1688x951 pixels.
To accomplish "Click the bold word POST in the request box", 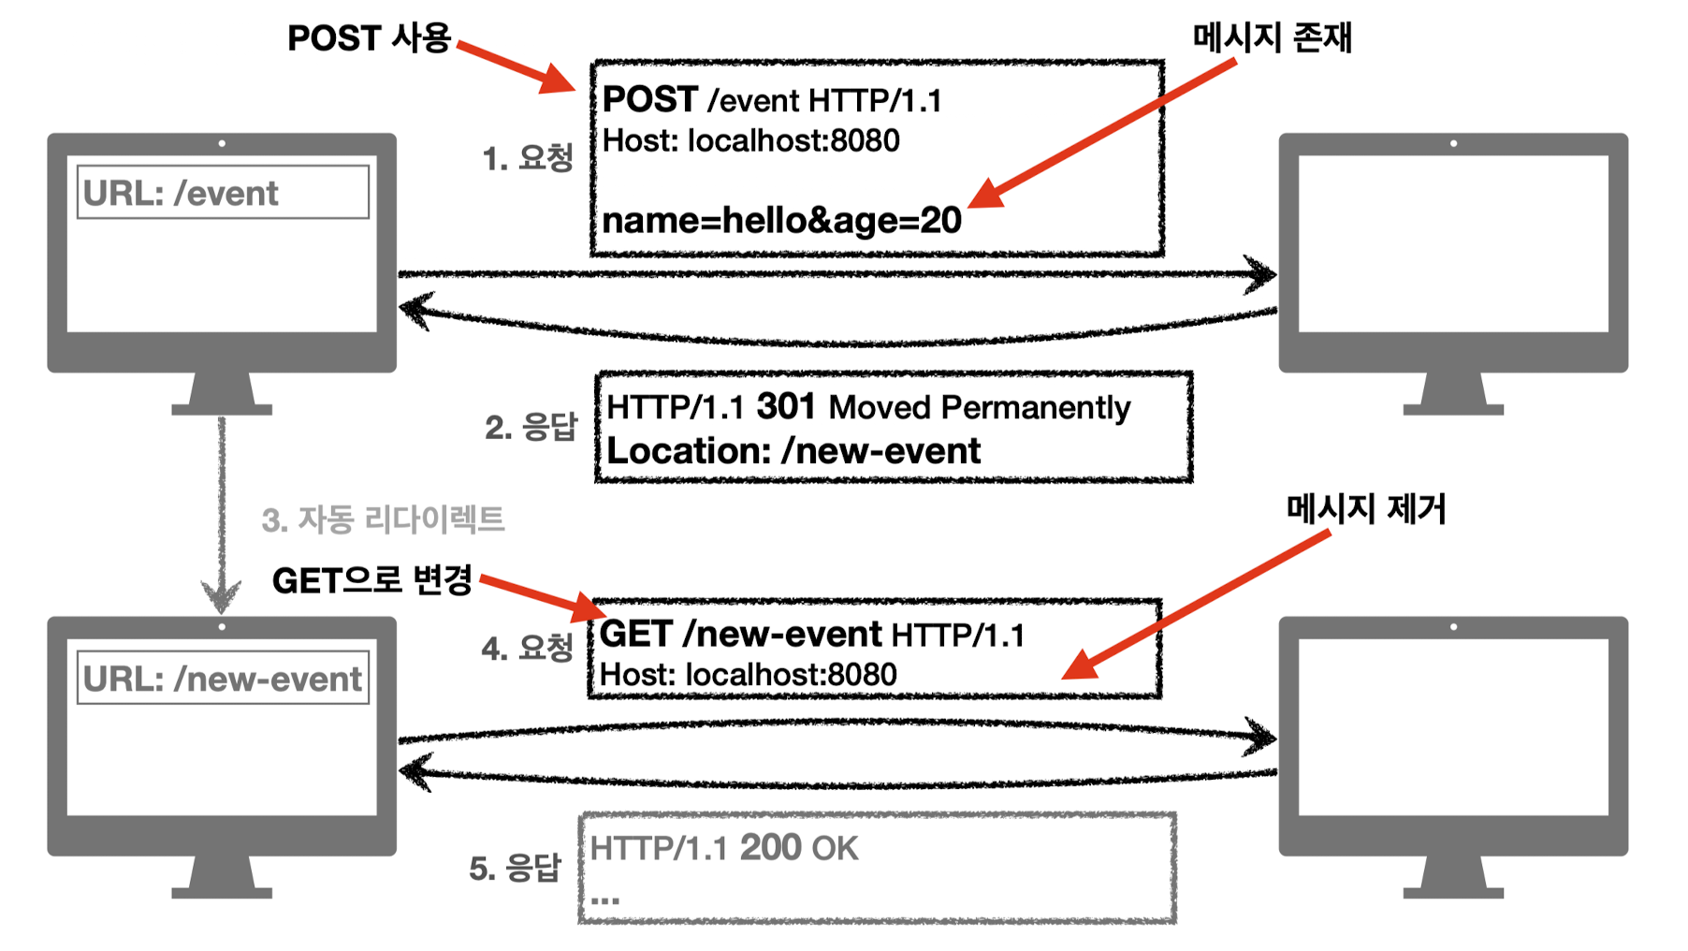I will click(x=649, y=99).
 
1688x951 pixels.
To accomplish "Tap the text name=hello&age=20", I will click(x=781, y=221).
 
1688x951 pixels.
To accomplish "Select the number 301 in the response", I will click(x=786, y=407).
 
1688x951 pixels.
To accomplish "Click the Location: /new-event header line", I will click(x=793, y=451).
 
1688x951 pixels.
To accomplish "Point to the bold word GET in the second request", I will click(x=635, y=635).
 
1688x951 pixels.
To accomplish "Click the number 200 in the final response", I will click(x=771, y=848).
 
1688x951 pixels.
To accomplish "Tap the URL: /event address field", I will click(x=223, y=193).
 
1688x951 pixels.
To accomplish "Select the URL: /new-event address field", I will click(x=223, y=679).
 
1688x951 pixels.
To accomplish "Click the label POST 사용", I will click(x=369, y=38).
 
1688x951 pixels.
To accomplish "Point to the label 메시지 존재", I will click(x=1272, y=37).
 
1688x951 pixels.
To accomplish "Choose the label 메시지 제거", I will click(x=1365, y=509).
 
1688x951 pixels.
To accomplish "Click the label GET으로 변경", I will click(x=371, y=580).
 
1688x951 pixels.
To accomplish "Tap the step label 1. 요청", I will click(x=527, y=158).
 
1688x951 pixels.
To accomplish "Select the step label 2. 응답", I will click(x=531, y=428).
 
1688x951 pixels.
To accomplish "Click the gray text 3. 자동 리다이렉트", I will click(x=383, y=519).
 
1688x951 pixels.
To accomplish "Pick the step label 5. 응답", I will click(x=515, y=869).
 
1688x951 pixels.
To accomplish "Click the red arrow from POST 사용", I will click(x=517, y=66).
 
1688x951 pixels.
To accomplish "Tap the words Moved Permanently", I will click(x=979, y=408).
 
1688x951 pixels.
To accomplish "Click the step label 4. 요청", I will click(x=527, y=648).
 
